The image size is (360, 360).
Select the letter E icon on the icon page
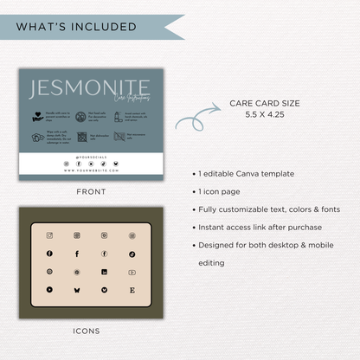[x=132, y=289]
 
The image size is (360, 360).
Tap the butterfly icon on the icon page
[x=77, y=289]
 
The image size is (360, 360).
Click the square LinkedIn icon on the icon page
[x=104, y=272]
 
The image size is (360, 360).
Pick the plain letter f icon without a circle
[x=77, y=254]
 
